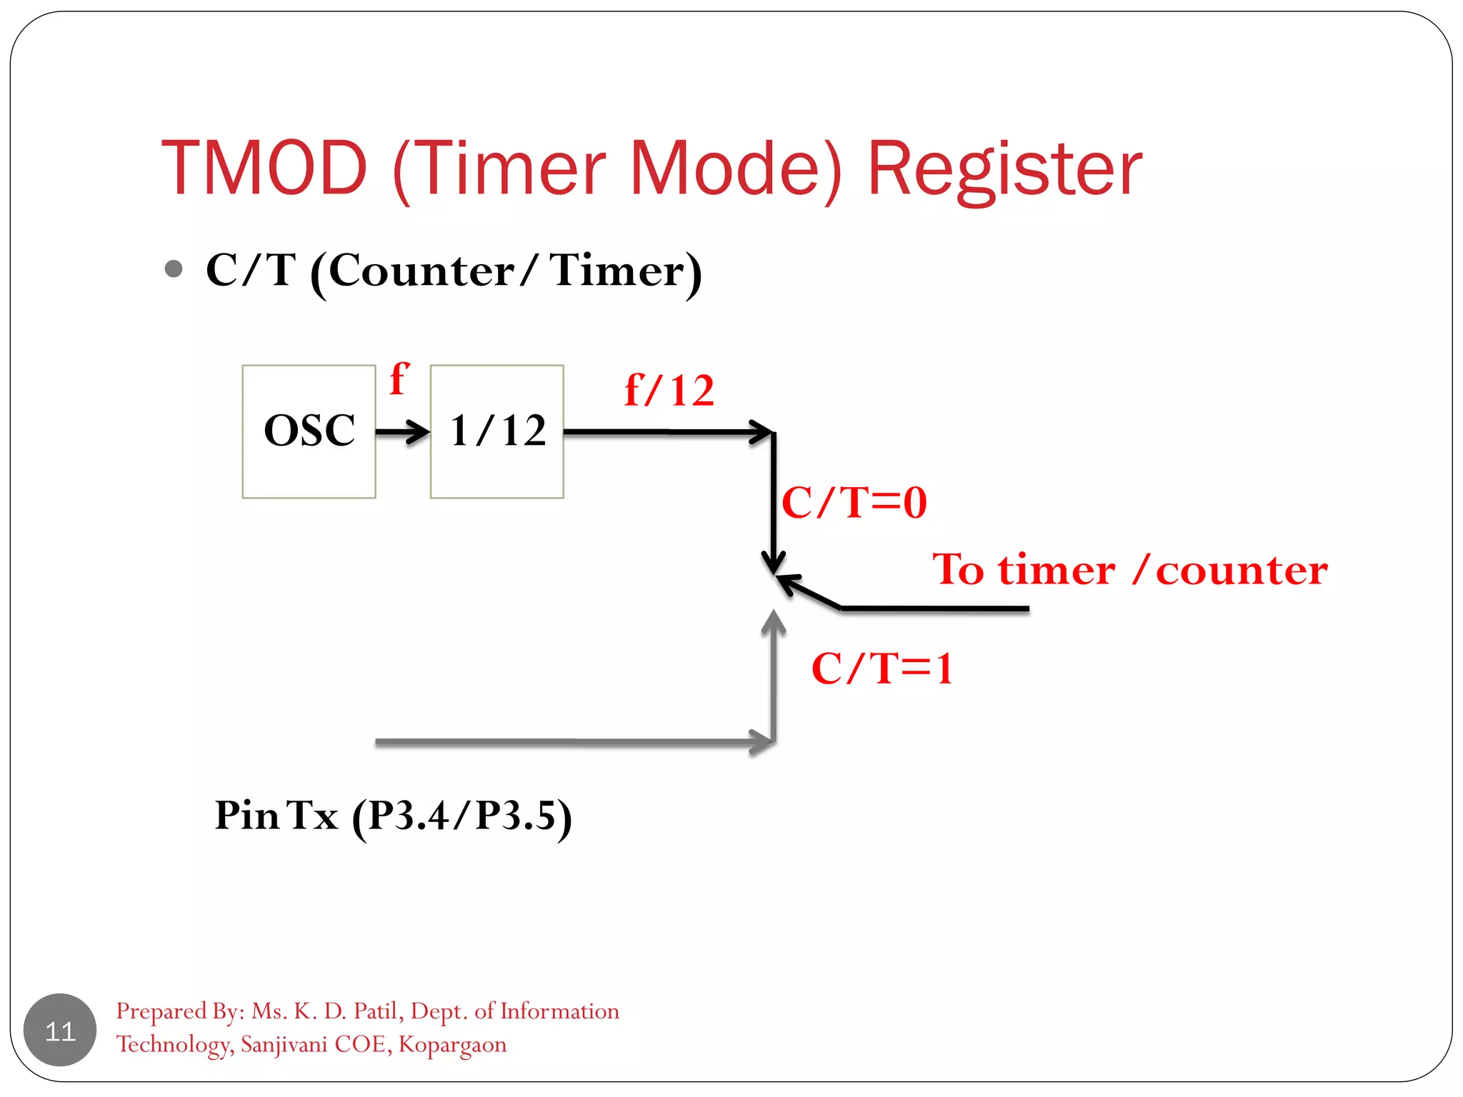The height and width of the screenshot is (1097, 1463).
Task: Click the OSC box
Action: (x=309, y=431)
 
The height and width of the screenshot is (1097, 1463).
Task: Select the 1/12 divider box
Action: (x=497, y=431)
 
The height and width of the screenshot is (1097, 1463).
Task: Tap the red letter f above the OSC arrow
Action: (x=399, y=379)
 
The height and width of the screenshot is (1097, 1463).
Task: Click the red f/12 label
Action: (x=669, y=391)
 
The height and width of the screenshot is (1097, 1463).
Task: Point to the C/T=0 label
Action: (x=854, y=502)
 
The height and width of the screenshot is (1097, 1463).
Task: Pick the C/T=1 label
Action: (x=883, y=668)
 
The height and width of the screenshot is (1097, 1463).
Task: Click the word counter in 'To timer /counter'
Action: (x=1242, y=571)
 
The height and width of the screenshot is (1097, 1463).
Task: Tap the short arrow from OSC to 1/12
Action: (x=402, y=431)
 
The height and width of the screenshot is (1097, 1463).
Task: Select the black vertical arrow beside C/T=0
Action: (x=773, y=500)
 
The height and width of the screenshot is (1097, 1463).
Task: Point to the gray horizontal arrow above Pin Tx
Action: (x=571, y=743)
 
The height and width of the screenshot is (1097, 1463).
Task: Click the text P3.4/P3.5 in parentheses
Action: (x=462, y=816)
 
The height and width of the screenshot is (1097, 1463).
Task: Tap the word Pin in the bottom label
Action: (x=246, y=815)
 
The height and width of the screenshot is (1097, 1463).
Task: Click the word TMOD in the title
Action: (x=264, y=169)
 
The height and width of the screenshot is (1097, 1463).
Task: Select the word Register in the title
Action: (x=1004, y=169)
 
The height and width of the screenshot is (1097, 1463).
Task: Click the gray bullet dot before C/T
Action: (x=174, y=269)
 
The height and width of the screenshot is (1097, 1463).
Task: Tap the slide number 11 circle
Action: (x=60, y=1031)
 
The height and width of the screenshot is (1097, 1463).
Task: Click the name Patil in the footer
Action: (x=379, y=1011)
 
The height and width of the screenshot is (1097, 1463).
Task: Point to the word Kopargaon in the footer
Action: (x=452, y=1044)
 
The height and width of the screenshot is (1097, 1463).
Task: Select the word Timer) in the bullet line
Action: (x=626, y=271)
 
